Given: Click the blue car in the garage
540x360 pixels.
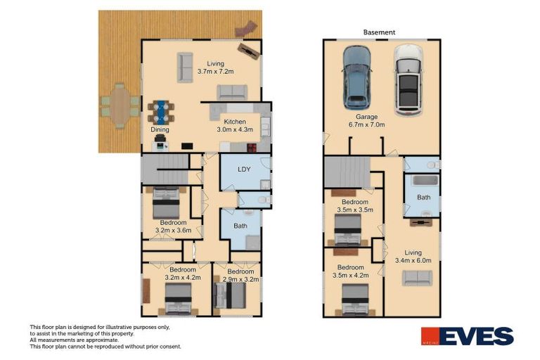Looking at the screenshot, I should (x=357, y=77).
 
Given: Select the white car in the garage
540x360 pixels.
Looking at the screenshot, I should (x=408, y=79).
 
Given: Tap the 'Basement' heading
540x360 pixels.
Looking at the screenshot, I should (x=380, y=32).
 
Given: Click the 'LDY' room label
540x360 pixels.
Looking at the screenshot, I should (x=244, y=169).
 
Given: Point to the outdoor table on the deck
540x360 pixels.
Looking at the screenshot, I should (x=120, y=105).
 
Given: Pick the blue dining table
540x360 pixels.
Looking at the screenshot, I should (x=161, y=111).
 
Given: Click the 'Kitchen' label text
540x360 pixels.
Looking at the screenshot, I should (x=235, y=122).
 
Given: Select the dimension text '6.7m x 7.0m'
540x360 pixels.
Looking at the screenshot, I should (x=367, y=124).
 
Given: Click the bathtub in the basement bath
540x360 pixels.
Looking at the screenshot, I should (x=425, y=181).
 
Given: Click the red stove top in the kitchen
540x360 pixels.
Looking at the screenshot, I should (x=250, y=146).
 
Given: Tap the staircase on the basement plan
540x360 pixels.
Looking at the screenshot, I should (x=347, y=172).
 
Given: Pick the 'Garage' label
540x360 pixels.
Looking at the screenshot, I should (x=366, y=117).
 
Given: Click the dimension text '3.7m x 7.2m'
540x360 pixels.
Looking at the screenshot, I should (x=215, y=72).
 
